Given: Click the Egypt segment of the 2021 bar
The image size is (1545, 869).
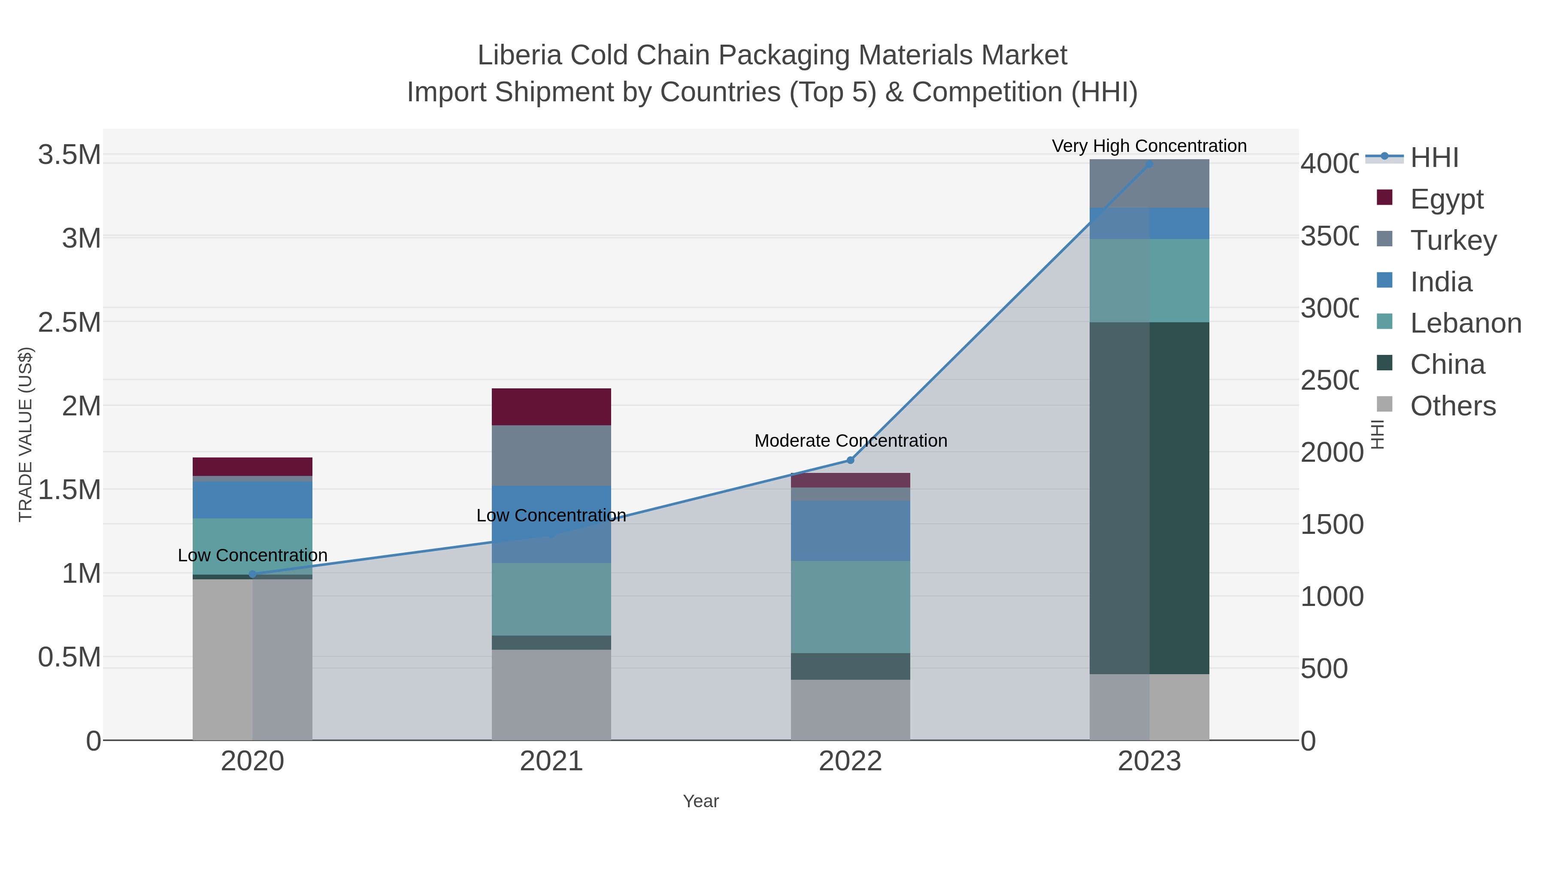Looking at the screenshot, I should [x=551, y=407].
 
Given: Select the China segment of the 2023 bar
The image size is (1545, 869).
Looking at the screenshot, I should [x=1149, y=498].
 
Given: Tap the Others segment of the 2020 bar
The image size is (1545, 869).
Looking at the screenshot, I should [x=252, y=660].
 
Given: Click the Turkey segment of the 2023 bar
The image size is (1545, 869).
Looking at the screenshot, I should [x=1149, y=184].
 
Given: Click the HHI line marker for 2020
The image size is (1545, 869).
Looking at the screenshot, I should [x=252, y=574].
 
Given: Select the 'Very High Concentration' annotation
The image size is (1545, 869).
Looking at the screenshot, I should [x=1149, y=146].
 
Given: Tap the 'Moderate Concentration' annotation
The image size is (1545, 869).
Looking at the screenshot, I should [x=851, y=441].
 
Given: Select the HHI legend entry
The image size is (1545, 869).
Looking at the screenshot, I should [x=1433, y=158].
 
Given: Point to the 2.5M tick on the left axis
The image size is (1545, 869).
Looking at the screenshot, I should [x=70, y=323].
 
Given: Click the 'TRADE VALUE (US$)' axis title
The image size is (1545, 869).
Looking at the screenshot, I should [x=25, y=434].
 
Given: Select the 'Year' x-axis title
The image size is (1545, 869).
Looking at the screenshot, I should [x=700, y=801].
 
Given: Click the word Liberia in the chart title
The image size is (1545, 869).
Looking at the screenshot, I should [x=519, y=55].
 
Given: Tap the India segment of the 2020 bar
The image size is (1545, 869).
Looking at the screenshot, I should [x=252, y=500].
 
